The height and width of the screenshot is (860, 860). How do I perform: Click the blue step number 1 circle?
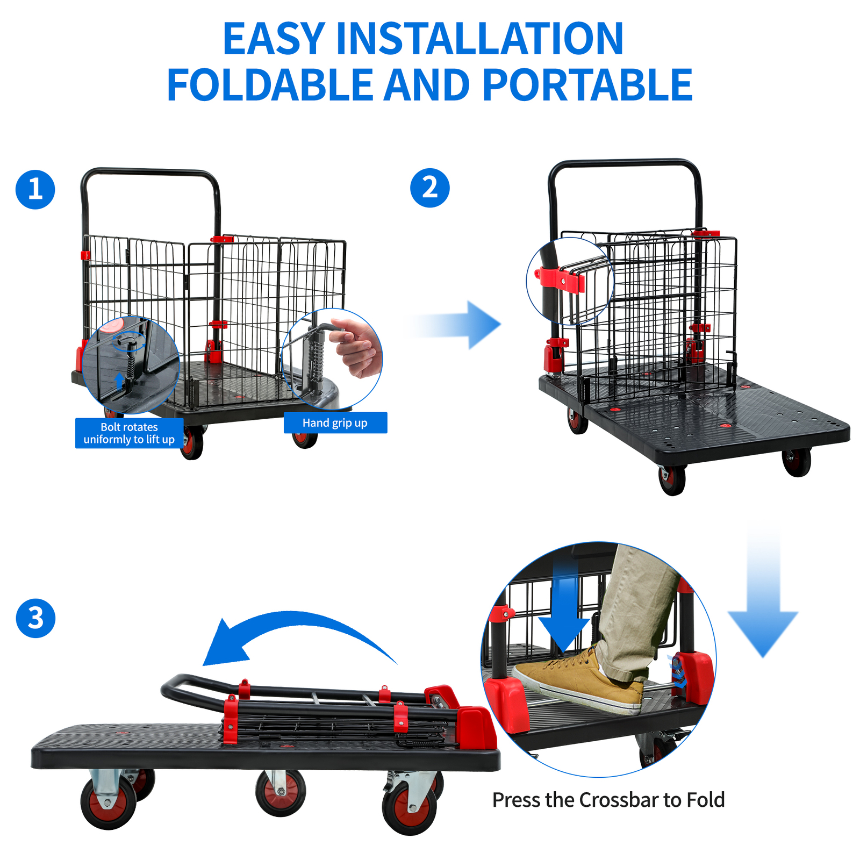coord(35,189)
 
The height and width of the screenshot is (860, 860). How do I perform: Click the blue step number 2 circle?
coord(429,188)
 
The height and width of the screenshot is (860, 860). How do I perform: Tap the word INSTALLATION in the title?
coord(479,39)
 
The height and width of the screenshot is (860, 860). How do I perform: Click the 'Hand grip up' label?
coord(335,422)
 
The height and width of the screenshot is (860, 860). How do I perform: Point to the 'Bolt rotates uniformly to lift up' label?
coord(129,433)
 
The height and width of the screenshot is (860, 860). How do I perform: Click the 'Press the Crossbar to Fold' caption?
coord(608,800)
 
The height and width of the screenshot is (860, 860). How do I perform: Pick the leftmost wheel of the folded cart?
coord(107,802)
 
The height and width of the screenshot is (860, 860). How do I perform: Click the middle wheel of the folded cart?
coord(280,792)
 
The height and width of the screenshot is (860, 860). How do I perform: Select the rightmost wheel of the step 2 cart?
coord(797,462)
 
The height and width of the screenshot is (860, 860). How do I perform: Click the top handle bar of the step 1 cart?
coord(150,173)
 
